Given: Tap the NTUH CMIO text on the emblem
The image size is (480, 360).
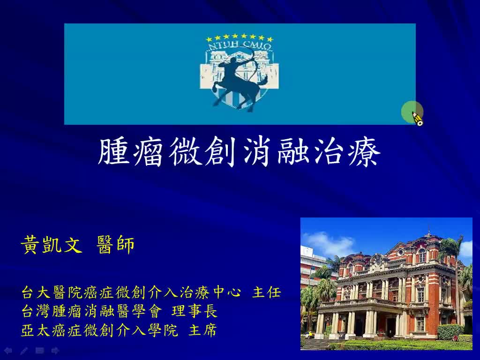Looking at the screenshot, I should click(x=239, y=45).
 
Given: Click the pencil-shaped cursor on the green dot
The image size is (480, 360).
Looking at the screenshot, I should click(x=417, y=119).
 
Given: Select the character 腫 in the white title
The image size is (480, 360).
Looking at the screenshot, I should click(x=115, y=152).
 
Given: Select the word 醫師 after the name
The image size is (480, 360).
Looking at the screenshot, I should click(x=116, y=245).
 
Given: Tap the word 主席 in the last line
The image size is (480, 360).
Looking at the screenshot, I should click(x=202, y=330).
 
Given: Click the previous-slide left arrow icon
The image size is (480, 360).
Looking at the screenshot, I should click(x=8, y=350).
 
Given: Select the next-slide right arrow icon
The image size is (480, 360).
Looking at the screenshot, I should click(x=55, y=350).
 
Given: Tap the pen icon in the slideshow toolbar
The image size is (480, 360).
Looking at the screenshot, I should click(x=24, y=350).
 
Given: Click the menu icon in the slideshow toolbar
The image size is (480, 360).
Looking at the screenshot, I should click(x=40, y=350).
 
